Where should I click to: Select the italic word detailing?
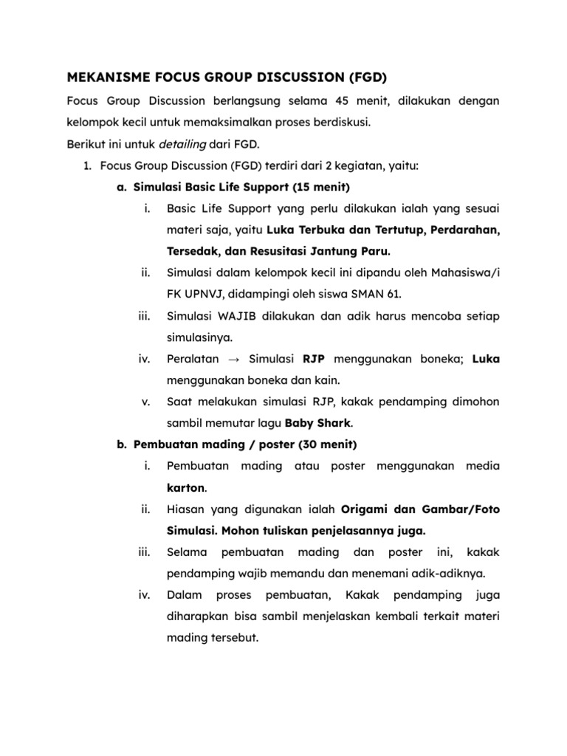tap(182, 144)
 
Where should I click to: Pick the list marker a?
tap(122, 187)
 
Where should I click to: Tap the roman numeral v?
tap(145, 402)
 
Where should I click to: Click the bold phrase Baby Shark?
tap(320, 423)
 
